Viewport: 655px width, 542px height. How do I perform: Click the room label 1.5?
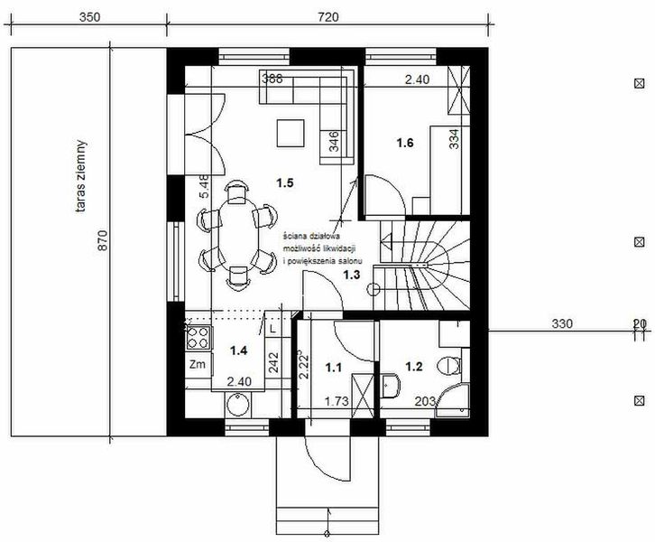[285, 183]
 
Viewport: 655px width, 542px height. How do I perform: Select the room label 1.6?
[404, 143]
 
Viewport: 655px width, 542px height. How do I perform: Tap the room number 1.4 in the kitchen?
[238, 350]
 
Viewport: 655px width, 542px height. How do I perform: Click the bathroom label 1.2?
[414, 368]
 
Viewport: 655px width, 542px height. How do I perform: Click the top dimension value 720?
[327, 17]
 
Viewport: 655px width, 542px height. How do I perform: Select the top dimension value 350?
[88, 17]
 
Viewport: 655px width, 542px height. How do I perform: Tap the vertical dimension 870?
[102, 240]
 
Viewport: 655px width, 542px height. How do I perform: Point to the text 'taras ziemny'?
[82, 176]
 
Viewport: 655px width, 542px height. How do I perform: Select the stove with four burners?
[198, 339]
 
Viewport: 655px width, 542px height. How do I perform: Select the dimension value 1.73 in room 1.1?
[336, 400]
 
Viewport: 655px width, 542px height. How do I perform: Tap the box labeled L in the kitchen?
[272, 331]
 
